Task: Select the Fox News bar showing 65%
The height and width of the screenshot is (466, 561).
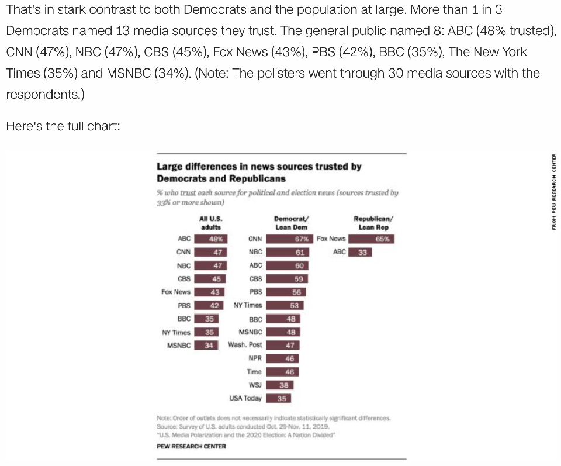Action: tap(372, 239)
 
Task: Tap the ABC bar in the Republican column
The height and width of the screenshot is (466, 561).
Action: tap(360, 252)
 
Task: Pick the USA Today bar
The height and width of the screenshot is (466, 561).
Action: tap(279, 399)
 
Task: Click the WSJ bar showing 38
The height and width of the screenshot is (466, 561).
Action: tap(280, 385)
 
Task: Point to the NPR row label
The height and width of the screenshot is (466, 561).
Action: tap(255, 358)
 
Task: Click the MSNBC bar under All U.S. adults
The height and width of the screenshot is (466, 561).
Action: tap(206, 345)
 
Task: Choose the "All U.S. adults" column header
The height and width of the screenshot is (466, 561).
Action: tap(211, 223)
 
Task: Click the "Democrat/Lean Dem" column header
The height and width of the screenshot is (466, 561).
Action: tap(290, 223)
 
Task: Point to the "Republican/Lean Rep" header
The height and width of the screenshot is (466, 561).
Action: tap(373, 223)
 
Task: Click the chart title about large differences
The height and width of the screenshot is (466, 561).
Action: tap(259, 172)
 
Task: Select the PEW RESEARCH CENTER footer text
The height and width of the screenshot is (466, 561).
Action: tap(191, 446)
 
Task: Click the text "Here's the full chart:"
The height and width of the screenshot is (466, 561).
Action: tap(63, 125)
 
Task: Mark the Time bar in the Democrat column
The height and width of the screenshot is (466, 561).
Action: tap(283, 372)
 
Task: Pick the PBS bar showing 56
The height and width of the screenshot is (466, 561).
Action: tap(286, 292)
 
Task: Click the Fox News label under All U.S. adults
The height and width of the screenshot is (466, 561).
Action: tap(176, 292)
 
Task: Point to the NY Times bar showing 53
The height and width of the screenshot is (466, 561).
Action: tap(285, 305)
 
